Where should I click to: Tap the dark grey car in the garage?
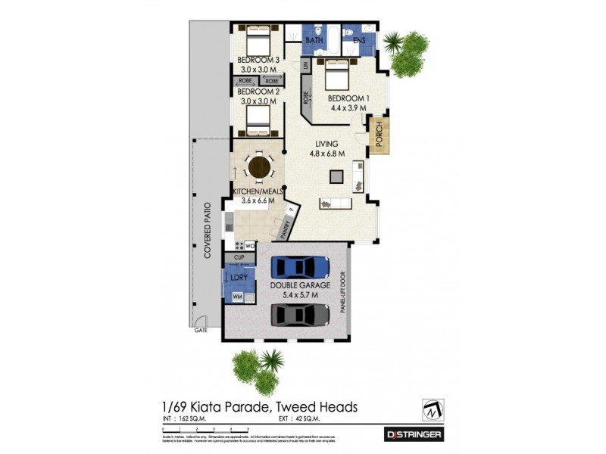click(300, 314)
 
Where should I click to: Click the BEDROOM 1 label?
click(348, 98)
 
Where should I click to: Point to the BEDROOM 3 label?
click(258, 60)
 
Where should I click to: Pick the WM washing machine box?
click(236, 296)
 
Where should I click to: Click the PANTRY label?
click(287, 226)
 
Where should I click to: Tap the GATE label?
click(201, 331)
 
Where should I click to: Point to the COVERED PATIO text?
click(206, 230)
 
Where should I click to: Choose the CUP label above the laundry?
click(239, 258)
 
